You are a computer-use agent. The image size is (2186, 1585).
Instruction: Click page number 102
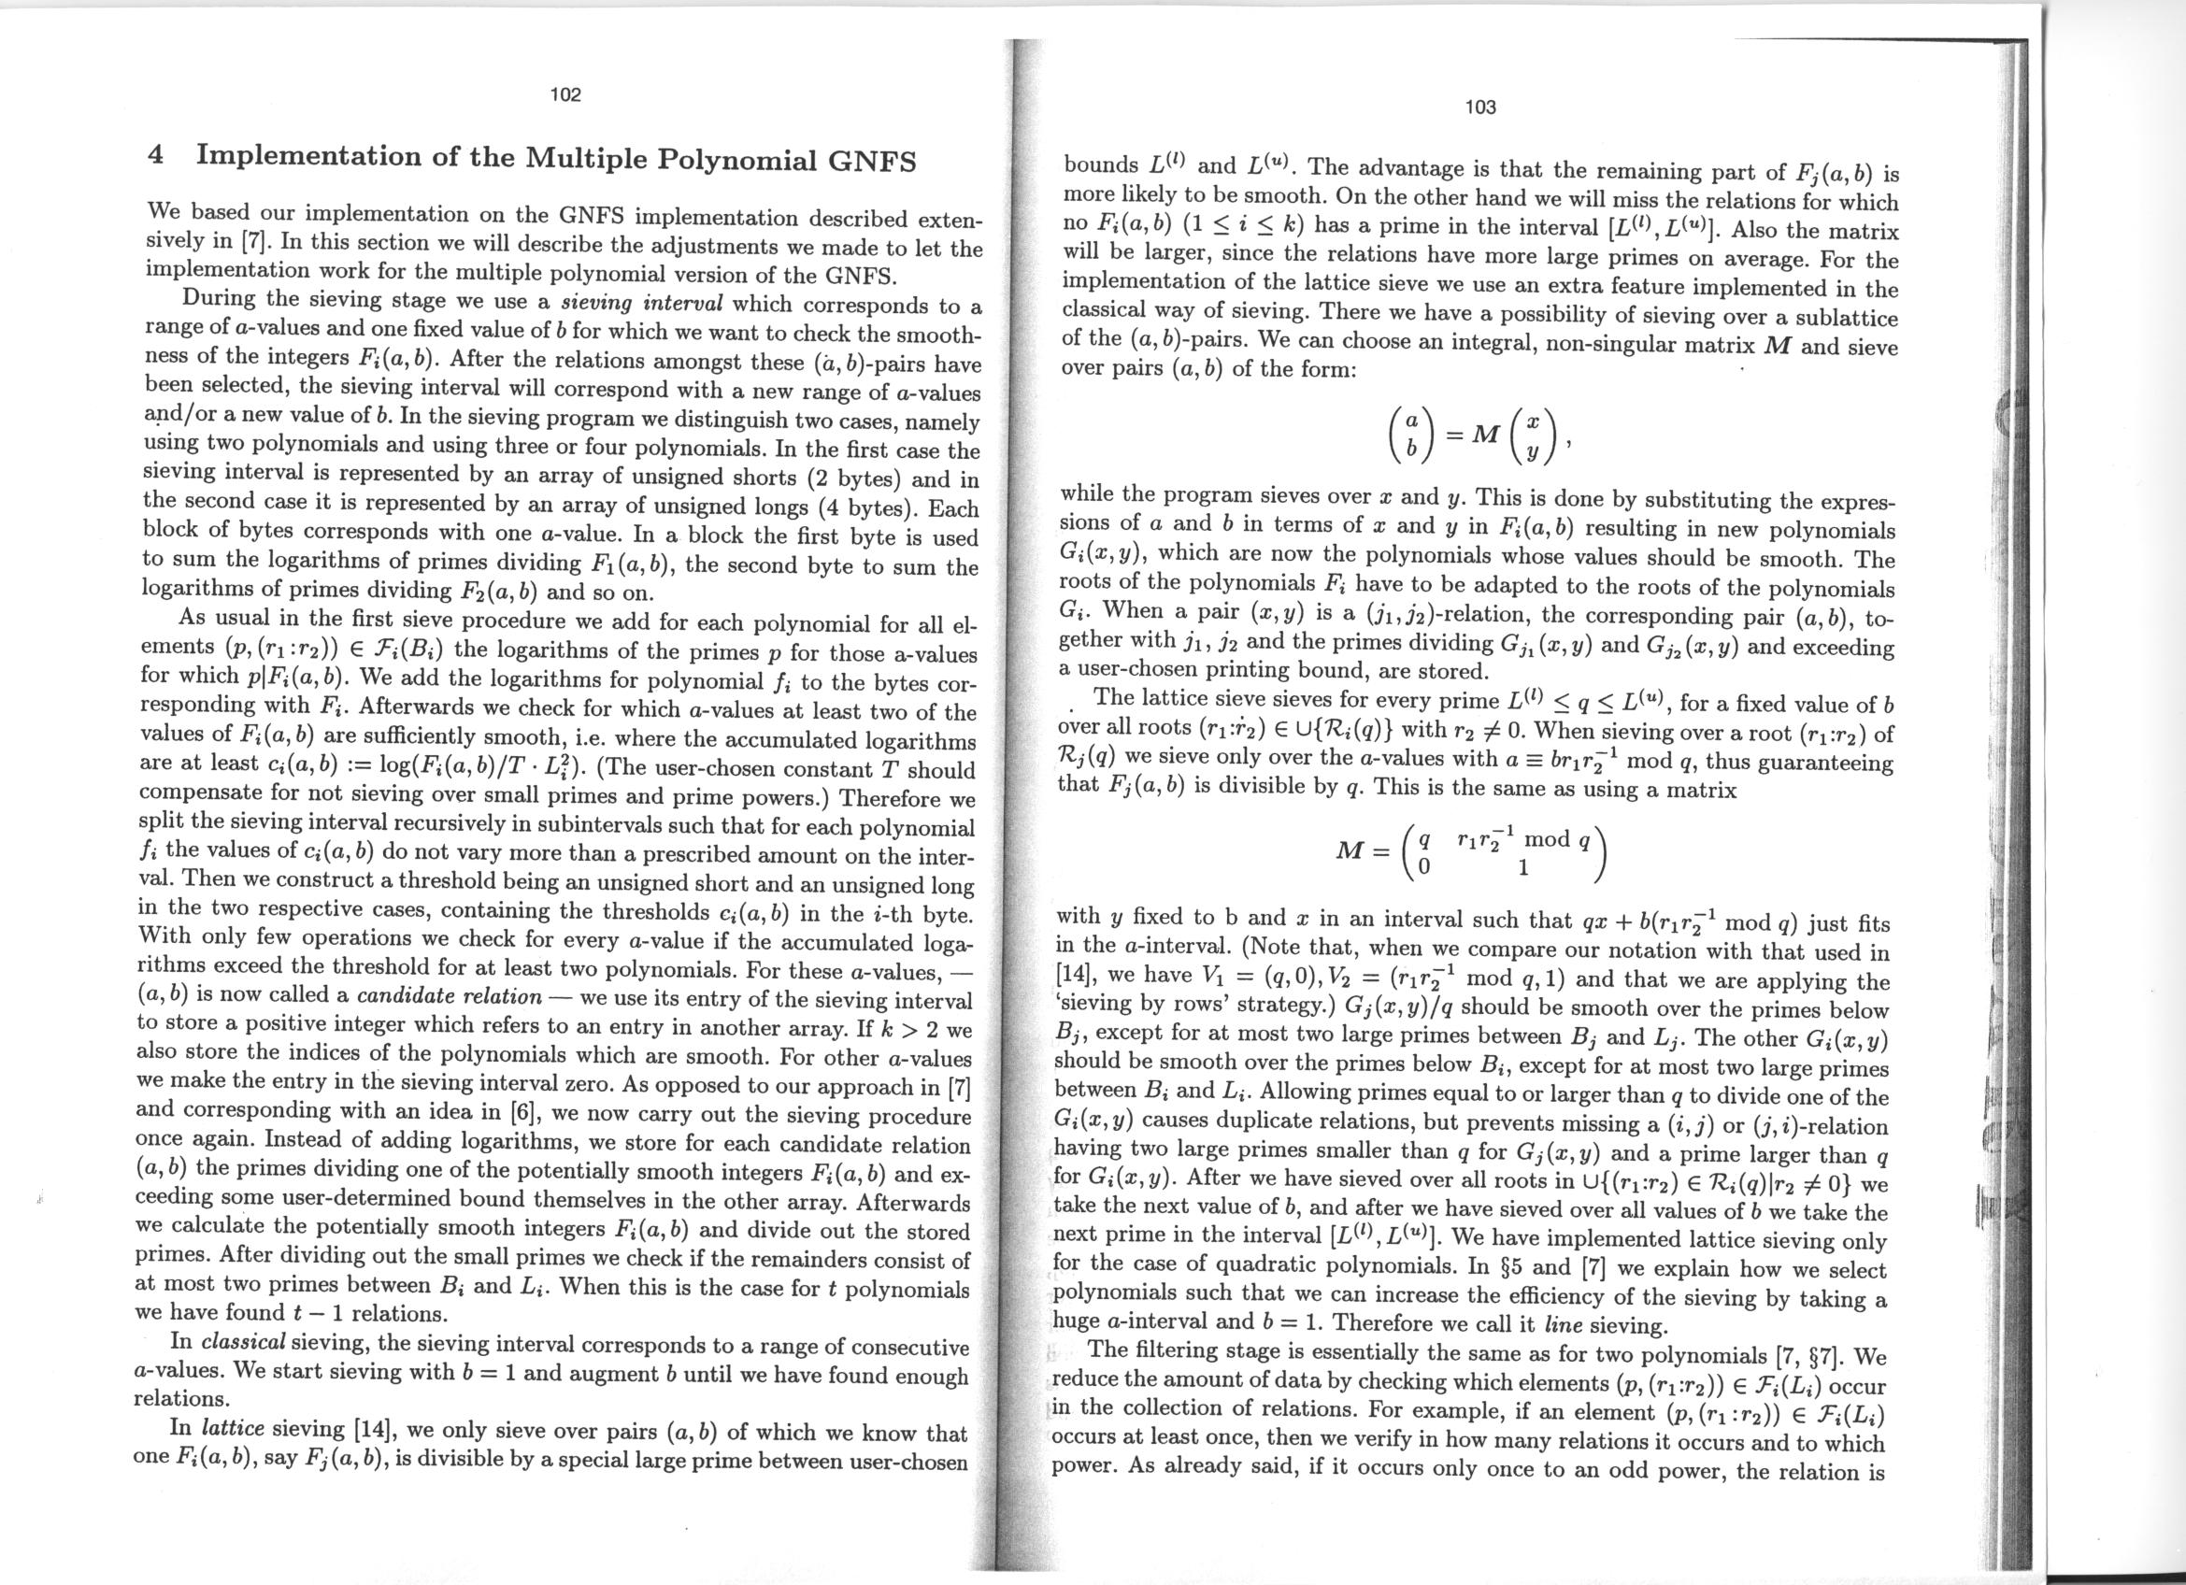(565, 94)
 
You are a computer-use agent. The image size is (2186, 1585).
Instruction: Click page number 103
(1479, 107)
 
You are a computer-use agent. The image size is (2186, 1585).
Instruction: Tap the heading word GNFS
(872, 160)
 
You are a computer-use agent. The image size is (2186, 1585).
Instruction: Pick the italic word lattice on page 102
(238, 1428)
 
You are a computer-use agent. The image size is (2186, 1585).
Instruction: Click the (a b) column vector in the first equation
(1410, 435)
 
